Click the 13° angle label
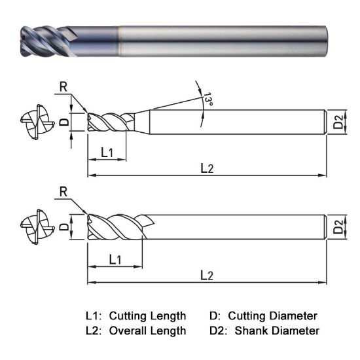point(208,100)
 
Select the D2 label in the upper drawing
point(337,122)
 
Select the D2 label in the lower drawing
point(337,227)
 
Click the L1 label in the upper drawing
point(107,153)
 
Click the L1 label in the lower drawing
point(115,260)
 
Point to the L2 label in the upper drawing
point(206,168)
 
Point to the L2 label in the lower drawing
point(206,276)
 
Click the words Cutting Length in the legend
point(147,315)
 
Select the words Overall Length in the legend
point(147,331)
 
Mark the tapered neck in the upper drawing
point(140,119)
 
